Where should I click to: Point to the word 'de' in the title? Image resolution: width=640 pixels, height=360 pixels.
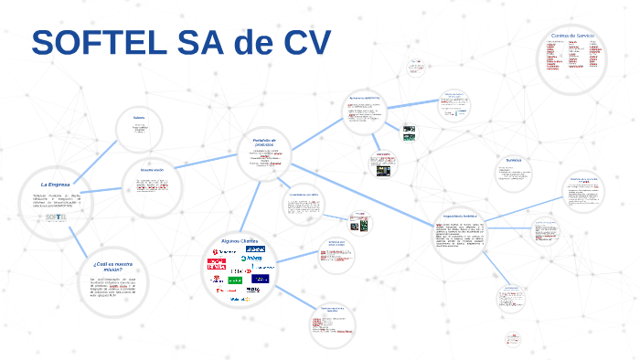(241, 43)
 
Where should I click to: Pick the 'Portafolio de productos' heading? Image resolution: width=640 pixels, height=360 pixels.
(264, 141)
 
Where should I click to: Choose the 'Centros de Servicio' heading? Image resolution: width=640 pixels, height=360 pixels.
(573, 35)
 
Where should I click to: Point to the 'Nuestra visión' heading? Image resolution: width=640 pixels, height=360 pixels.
(152, 171)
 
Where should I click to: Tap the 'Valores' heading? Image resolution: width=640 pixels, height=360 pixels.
(140, 118)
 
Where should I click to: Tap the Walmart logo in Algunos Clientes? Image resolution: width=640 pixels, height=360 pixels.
(238, 299)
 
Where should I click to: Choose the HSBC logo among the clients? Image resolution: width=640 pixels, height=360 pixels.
(239, 271)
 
